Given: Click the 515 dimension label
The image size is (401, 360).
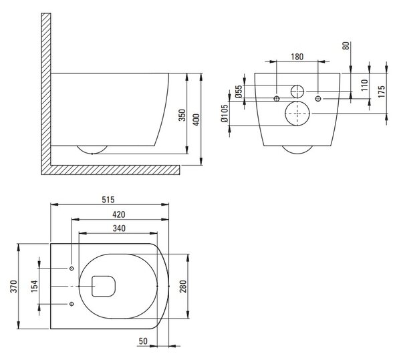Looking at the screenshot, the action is (x=108, y=200).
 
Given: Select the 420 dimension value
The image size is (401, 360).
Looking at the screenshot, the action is (x=119, y=214).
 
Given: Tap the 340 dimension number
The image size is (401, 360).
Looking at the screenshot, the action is (x=119, y=228).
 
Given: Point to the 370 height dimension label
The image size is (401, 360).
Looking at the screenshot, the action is (x=13, y=286).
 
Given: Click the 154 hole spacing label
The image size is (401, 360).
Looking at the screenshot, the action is (x=34, y=286).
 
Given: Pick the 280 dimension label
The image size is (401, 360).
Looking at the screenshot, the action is (x=183, y=286).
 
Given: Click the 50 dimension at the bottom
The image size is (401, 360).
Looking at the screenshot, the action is (x=143, y=341).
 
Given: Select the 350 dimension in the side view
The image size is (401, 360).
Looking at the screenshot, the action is (x=182, y=115).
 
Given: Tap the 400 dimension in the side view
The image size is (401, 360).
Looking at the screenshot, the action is (x=196, y=120).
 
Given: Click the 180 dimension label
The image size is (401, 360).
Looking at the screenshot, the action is (x=297, y=57).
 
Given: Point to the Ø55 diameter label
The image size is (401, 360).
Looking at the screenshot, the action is (x=239, y=92).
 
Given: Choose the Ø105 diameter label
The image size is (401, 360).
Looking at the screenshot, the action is (x=225, y=113).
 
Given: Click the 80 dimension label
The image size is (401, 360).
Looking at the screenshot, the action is (x=346, y=45).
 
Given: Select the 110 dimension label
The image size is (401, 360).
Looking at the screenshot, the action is (x=365, y=85).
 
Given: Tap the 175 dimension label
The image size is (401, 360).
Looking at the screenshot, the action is (x=382, y=92).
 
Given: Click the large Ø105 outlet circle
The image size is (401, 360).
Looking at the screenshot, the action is (x=297, y=101).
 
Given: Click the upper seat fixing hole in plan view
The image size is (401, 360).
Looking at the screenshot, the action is (x=72, y=268).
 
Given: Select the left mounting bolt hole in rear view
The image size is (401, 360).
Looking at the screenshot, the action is (x=277, y=99).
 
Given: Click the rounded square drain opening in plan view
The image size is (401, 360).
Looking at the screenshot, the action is (x=104, y=277).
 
